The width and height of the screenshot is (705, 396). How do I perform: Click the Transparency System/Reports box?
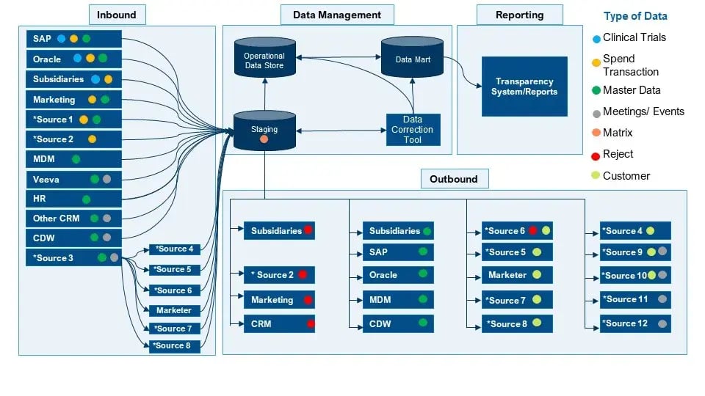click(524, 86)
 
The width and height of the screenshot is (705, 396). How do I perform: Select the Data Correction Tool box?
click(413, 130)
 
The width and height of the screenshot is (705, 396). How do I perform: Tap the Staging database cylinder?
click(264, 131)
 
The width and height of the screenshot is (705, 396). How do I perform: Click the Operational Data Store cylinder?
click(264, 59)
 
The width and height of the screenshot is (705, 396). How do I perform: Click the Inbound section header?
click(117, 15)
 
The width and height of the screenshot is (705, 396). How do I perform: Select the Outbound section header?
click(453, 179)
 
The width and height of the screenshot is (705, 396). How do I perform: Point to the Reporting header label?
click(519, 15)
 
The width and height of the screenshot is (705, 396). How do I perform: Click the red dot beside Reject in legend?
click(596, 155)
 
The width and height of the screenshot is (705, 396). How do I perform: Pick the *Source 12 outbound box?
click(634, 323)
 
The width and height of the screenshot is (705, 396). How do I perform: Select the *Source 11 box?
click(634, 299)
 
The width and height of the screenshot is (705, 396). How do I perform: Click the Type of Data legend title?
click(635, 16)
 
